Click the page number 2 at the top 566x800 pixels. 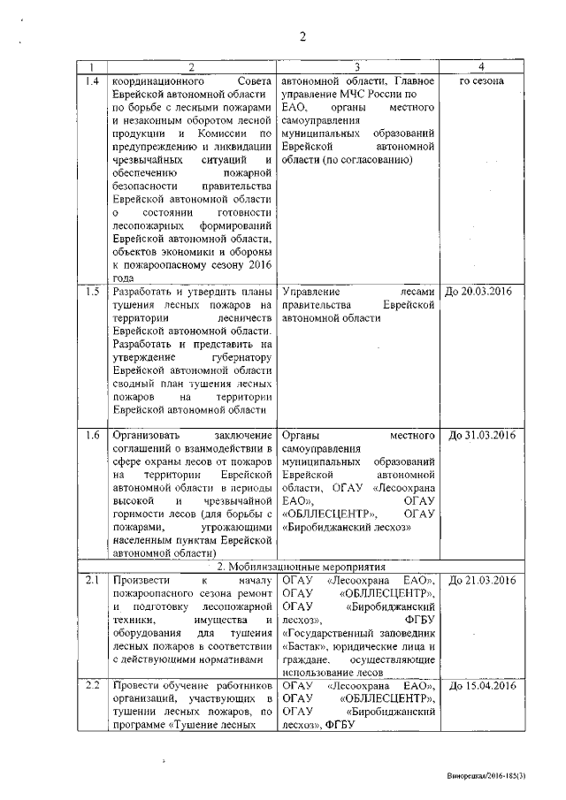click(302, 36)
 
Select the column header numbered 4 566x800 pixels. click(481, 67)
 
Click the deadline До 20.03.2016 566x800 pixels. click(481, 291)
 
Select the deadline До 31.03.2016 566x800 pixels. click(481, 435)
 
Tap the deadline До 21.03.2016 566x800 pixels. click(481, 580)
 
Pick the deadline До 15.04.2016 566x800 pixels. click(481, 686)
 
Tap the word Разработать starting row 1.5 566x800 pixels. click(145, 291)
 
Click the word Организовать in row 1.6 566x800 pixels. click(147, 435)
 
